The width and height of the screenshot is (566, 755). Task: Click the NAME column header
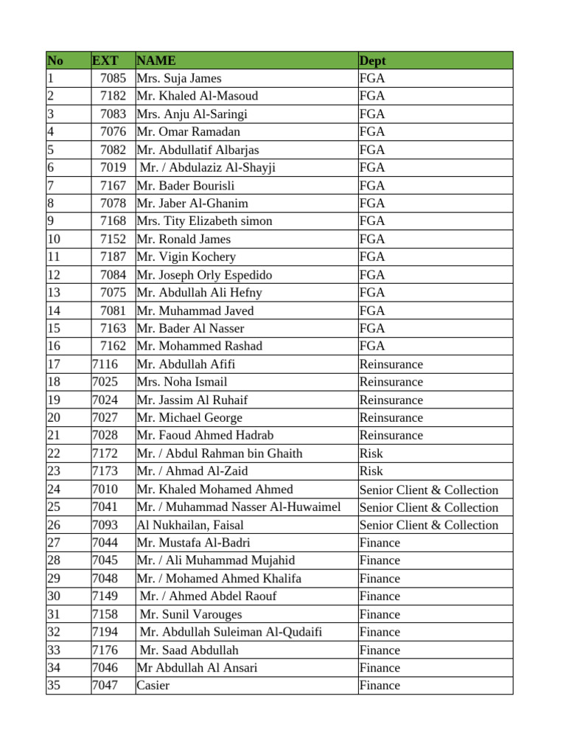click(156, 60)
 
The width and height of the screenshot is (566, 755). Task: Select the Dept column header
click(372, 60)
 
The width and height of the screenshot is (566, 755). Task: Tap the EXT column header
click(105, 60)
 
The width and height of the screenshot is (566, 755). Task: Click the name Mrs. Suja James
click(179, 78)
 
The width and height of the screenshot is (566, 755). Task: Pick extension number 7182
click(113, 96)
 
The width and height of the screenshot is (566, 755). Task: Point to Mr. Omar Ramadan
click(188, 132)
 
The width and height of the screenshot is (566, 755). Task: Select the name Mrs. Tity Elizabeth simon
click(204, 221)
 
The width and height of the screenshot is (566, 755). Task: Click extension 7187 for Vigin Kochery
click(113, 257)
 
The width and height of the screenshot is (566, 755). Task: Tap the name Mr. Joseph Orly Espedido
click(204, 275)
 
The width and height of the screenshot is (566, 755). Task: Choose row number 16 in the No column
click(54, 346)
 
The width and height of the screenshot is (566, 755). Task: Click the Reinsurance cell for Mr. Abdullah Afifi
click(391, 364)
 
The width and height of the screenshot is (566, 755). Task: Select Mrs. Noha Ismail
click(182, 382)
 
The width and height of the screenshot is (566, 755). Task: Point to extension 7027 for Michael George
click(105, 417)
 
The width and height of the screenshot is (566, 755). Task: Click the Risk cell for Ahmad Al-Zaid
click(371, 471)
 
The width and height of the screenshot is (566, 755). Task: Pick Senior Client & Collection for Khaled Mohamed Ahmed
click(429, 490)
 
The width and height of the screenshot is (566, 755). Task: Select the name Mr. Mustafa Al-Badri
click(193, 543)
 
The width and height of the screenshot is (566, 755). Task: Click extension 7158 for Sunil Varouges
click(105, 614)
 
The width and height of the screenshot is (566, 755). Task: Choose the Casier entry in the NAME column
click(153, 685)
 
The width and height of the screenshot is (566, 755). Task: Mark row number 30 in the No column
click(54, 596)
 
